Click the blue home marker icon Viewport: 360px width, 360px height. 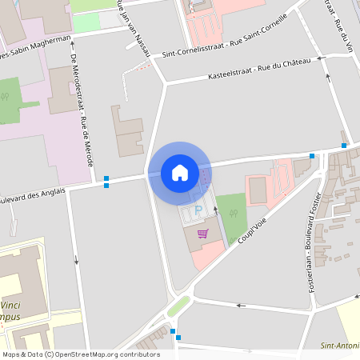tap(180, 173)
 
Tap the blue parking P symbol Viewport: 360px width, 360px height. tap(198, 211)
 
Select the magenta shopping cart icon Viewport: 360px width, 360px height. tap(203, 234)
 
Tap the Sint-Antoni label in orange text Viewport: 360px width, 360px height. tap(338, 346)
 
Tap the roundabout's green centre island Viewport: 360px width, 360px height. tap(178, 306)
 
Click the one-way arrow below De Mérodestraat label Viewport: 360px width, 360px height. tap(77, 258)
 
